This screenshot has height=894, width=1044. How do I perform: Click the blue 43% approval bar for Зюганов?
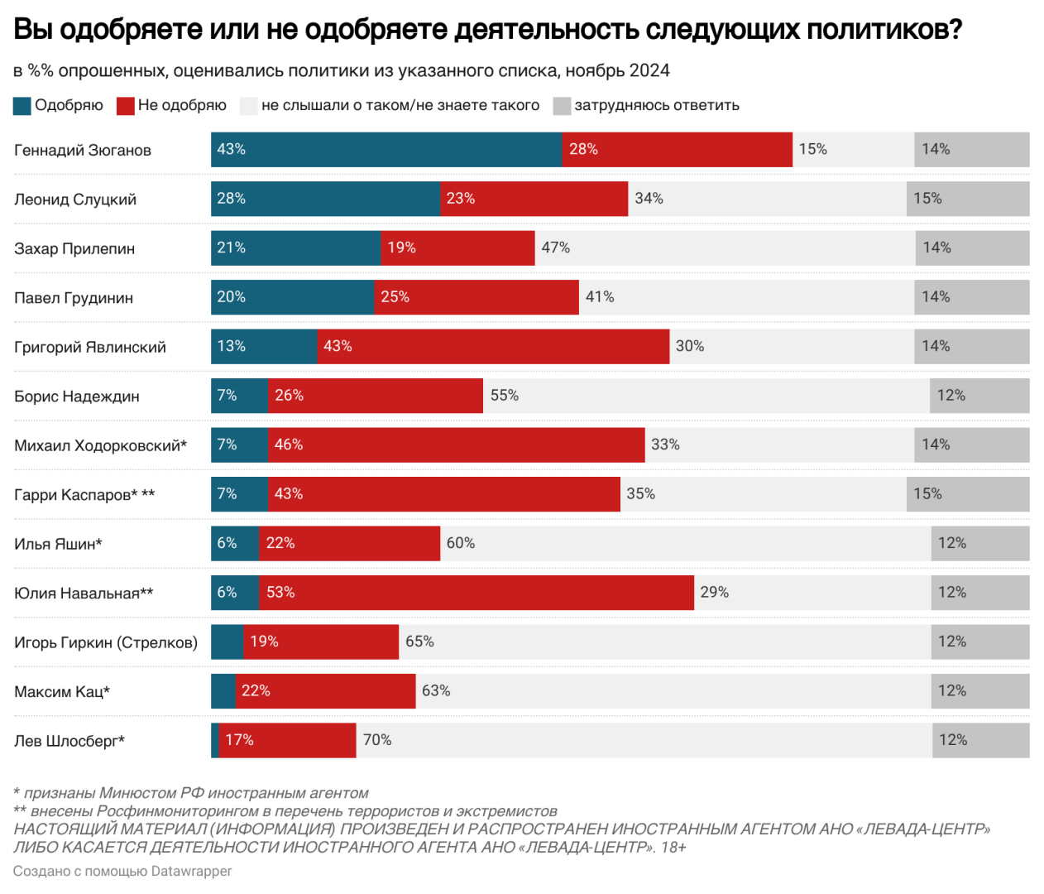click(386, 150)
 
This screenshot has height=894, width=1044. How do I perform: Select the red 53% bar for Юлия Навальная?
click(477, 593)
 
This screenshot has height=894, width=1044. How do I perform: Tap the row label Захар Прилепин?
click(74, 249)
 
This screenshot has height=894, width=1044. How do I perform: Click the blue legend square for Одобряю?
click(22, 106)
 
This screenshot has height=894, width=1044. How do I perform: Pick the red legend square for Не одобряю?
click(126, 106)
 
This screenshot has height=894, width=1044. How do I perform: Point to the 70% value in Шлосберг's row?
click(377, 740)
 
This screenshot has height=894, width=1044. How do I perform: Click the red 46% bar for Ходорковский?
click(456, 445)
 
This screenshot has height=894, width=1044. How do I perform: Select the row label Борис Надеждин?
click(77, 397)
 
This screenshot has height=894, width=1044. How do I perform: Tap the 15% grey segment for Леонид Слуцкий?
click(968, 199)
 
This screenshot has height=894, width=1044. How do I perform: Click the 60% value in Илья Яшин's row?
click(461, 543)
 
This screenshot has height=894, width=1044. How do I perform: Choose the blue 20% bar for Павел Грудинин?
click(292, 297)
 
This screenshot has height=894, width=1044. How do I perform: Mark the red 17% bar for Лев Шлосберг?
click(287, 740)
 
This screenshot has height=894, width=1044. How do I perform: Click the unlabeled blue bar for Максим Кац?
click(223, 691)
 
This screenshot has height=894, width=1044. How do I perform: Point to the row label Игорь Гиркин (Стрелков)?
click(106, 642)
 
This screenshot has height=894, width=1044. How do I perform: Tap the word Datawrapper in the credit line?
click(191, 872)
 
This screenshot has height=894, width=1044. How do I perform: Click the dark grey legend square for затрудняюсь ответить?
click(562, 106)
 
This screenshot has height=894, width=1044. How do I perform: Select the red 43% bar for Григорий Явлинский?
click(493, 347)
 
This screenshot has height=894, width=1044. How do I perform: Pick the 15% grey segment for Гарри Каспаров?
click(968, 494)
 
